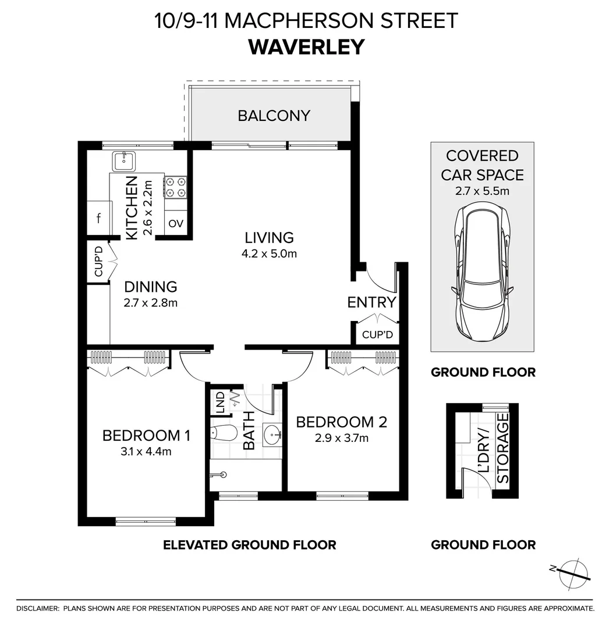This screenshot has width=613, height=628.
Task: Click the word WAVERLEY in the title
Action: (306, 47)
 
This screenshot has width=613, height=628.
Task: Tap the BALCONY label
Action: (274, 115)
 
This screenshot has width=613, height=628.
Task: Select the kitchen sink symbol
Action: (124, 160)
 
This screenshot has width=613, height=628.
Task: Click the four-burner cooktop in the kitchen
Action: (176, 187)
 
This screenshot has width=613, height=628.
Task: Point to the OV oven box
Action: (176, 224)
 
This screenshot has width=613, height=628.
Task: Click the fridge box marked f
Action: (99, 219)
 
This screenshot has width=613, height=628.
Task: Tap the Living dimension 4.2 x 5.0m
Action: (269, 254)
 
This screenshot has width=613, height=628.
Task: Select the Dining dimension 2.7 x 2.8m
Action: (150, 302)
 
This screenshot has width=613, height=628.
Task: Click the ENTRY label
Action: (371, 302)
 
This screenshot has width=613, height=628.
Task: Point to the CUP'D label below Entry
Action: (377, 335)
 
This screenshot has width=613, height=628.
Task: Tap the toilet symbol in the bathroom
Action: (223, 433)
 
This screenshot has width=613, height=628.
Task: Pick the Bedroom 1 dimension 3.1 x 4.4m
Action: (146, 451)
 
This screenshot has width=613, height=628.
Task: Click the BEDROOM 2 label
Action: (341, 422)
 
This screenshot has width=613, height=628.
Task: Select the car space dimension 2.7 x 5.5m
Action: (482, 190)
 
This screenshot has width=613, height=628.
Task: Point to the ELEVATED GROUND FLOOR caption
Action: (249, 545)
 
